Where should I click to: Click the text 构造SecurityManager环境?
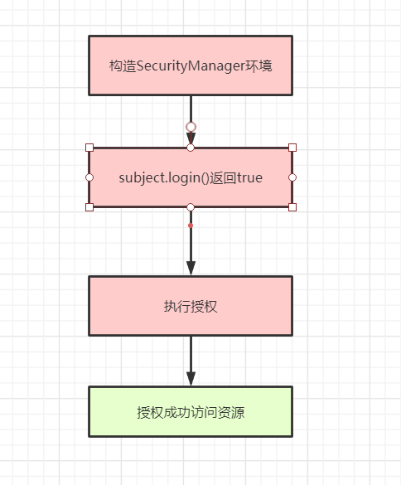click(191, 65)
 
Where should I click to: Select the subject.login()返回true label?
click(191, 178)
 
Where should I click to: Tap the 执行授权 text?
click(191, 307)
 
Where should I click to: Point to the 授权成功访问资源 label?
click(191, 412)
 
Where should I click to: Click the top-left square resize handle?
click(89, 148)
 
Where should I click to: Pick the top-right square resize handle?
click(292, 148)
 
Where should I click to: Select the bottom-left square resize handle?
click(89, 207)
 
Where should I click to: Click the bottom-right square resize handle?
click(292, 207)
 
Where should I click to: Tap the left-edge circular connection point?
click(89, 177)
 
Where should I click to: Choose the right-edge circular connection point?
click(292, 177)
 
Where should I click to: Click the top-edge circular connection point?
click(191, 148)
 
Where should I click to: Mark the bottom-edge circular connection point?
click(191, 207)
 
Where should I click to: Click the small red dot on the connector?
click(191, 226)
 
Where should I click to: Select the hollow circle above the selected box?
click(191, 127)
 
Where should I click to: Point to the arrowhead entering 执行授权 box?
click(191, 268)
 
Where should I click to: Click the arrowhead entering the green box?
click(191, 379)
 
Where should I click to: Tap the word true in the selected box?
click(250, 178)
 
